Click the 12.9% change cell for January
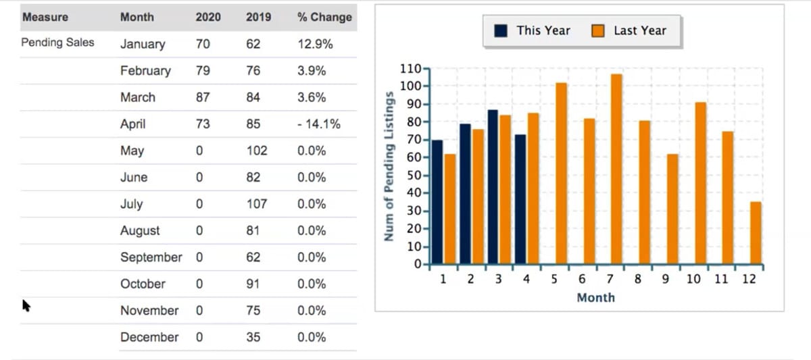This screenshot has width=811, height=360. (x=314, y=45)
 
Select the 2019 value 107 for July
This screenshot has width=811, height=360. (x=256, y=204)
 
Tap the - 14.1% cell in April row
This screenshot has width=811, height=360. (x=318, y=124)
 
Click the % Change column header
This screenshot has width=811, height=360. (x=324, y=18)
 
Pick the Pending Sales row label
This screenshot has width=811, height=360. (x=58, y=43)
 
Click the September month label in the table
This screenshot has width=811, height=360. (x=151, y=257)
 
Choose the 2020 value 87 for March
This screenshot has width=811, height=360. (x=202, y=97)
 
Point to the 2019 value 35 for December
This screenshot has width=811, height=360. (x=253, y=337)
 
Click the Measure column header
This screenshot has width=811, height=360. (x=45, y=18)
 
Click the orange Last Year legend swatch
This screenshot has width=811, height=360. (x=598, y=31)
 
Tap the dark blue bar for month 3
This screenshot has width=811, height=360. (x=493, y=186)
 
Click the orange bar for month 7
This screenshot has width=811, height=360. (x=616, y=169)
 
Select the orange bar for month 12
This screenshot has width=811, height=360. (x=756, y=232)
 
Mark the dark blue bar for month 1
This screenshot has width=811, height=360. (x=437, y=201)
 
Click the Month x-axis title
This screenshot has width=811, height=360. (x=595, y=298)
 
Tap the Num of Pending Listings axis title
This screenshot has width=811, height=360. (x=389, y=165)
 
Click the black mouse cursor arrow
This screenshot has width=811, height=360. (x=27, y=306)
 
